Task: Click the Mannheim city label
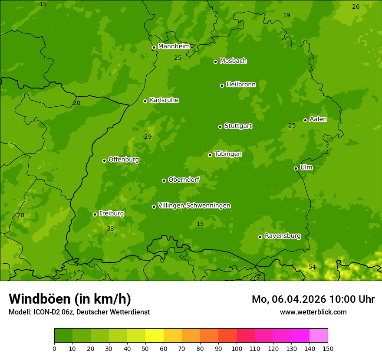[174, 46]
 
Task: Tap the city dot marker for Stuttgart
[220, 127]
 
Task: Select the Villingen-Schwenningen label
[194, 206]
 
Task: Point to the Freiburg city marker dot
[95, 214]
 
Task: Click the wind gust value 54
[312, 267]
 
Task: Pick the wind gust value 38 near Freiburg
[110, 229]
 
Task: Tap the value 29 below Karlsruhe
[148, 137]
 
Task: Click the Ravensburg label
[282, 236]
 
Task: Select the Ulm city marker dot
[296, 168]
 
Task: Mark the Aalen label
[318, 119]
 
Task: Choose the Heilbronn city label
[240, 85]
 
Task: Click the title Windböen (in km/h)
[70, 299]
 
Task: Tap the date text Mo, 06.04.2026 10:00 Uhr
[313, 299]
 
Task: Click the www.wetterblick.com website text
[313, 312]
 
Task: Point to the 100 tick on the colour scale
[237, 348]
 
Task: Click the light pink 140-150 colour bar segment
[319, 335]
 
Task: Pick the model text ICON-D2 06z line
[79, 312]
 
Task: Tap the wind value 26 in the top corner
[356, 7]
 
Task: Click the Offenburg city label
[123, 160]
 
